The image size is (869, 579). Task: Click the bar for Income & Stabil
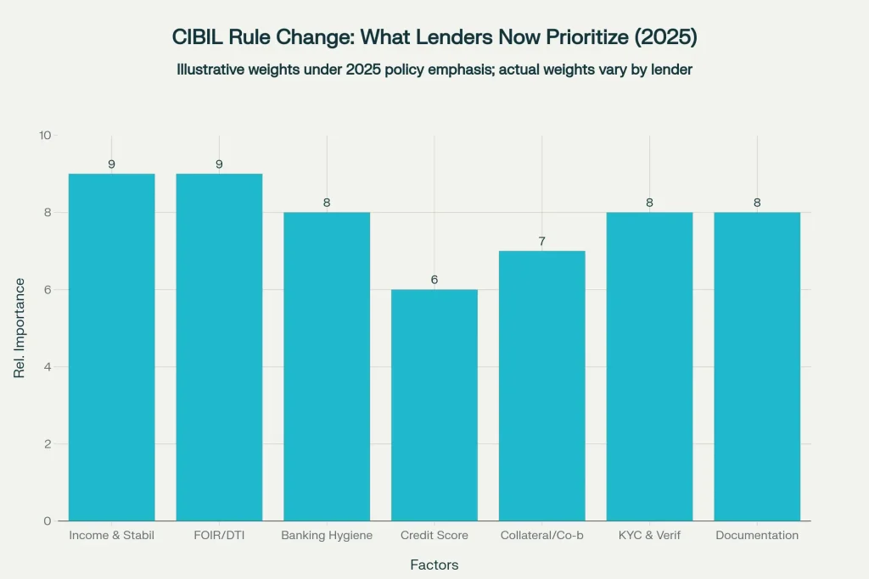pos(111,347)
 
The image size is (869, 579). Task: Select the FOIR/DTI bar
pos(219,347)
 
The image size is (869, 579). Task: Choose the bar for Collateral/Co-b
pos(541,386)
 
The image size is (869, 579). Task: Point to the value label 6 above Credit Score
pos(434,280)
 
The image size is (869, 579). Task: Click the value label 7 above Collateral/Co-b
pos(541,242)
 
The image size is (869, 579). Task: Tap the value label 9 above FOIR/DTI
pos(219,164)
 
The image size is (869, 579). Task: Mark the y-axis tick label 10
pos(45,136)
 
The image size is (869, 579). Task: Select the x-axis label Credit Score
pos(434,536)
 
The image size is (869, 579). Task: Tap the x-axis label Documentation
pos(757,536)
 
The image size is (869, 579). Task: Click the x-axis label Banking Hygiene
pos(327,536)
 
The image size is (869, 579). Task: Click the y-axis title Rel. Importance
pos(19,328)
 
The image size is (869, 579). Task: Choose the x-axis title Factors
pos(434,565)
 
